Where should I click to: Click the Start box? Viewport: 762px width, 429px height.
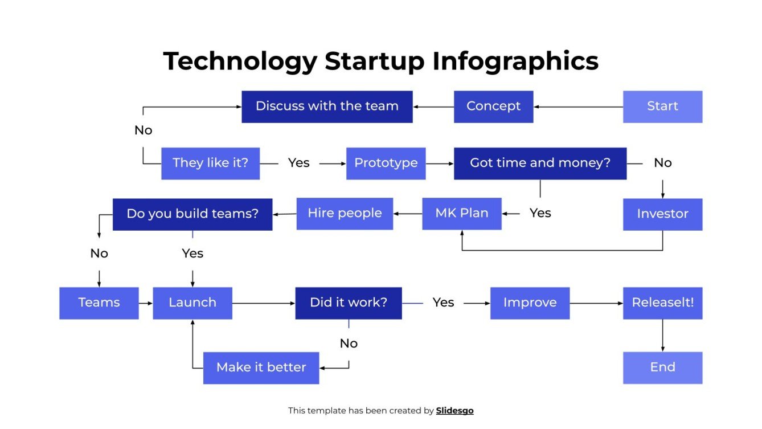662,107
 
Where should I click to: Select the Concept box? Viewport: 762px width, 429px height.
493,107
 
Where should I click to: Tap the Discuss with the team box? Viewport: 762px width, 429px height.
327,107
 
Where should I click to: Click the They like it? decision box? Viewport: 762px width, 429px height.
210,164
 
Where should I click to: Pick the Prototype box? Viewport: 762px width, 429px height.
386,164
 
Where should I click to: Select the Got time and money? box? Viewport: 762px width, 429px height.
540,164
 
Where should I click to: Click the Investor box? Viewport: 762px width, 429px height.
662,214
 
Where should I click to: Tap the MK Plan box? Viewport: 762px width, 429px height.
461,214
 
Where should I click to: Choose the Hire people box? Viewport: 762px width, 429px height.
345,214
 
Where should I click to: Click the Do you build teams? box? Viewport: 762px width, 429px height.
192,214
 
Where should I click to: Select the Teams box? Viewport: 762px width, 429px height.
99,303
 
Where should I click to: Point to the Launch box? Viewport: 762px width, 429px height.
192,303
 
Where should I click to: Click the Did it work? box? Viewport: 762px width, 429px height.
349,303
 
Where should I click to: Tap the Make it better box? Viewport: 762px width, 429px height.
261,368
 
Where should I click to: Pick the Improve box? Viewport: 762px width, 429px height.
530,303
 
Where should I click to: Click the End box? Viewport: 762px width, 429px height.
662,367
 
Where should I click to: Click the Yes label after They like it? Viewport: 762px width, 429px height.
298,164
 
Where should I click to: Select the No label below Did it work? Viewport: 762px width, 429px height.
349,344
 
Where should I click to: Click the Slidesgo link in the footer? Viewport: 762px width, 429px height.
454,411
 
